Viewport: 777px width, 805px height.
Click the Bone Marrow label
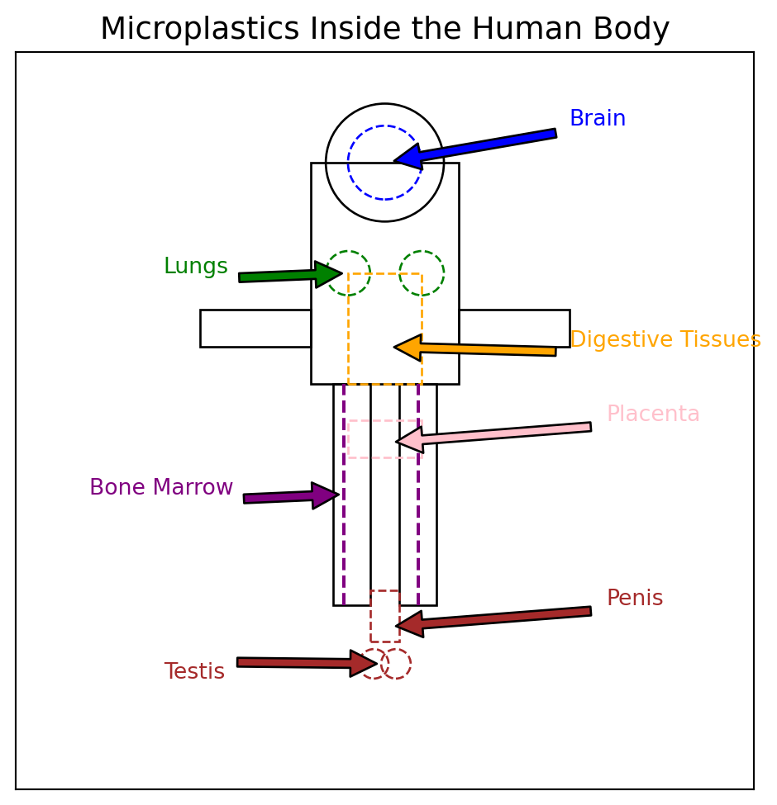coord(162,488)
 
